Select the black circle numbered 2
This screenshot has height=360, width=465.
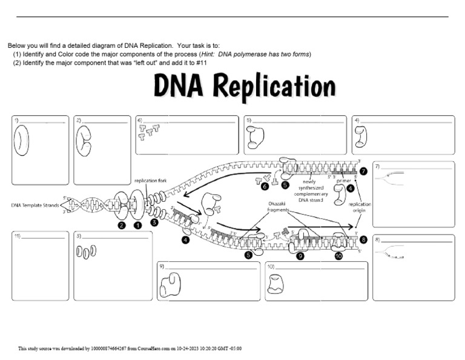click(x=122, y=226)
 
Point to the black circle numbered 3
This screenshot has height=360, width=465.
click(x=154, y=222)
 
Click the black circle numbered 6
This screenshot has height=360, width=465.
click(x=265, y=185)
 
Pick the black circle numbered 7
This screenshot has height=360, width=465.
click(x=363, y=172)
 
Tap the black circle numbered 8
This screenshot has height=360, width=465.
click(x=363, y=240)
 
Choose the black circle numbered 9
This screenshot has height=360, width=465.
click(x=300, y=256)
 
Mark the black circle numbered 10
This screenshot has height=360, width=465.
click(x=338, y=256)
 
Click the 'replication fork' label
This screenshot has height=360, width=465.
click(x=150, y=181)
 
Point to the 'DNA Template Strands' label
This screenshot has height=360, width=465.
click(x=35, y=205)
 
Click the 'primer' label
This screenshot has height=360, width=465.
click(x=343, y=181)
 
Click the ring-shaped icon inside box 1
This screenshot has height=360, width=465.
click(x=22, y=141)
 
